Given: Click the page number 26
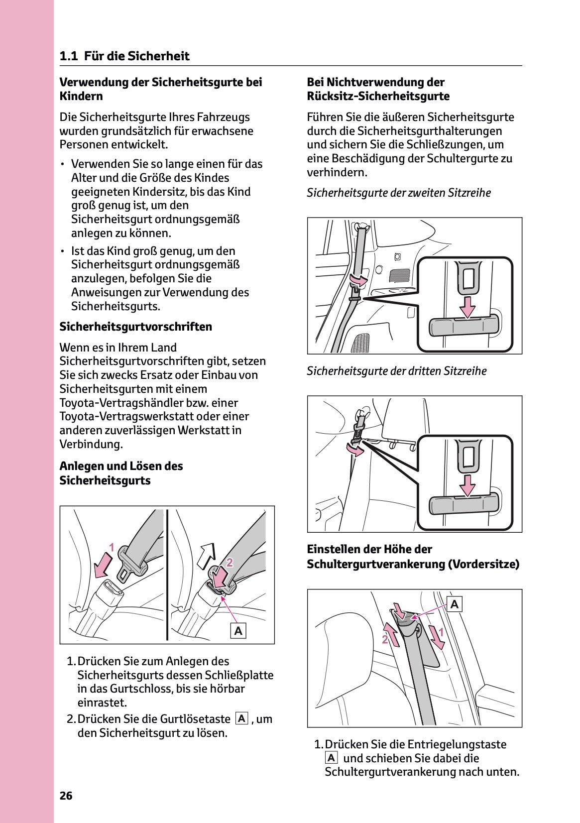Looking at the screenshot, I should (x=66, y=796).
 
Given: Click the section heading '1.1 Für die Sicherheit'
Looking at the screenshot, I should (x=124, y=56).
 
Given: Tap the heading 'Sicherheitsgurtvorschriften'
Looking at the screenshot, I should (x=135, y=327).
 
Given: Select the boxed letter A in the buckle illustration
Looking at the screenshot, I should (x=238, y=631).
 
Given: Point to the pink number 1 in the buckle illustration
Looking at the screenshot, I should (x=112, y=548).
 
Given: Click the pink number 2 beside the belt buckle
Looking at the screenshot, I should (x=230, y=563).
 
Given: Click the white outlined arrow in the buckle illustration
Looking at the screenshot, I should (x=207, y=556).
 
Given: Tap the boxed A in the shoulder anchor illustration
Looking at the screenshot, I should (x=455, y=604).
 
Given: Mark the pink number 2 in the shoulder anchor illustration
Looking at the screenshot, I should (x=385, y=640).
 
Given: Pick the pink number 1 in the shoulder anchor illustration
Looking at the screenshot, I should (x=441, y=634).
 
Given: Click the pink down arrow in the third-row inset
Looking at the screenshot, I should (x=466, y=485).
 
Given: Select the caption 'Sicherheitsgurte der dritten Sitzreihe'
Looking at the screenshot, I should (x=396, y=371).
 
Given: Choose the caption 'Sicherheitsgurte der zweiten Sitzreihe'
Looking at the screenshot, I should (x=398, y=193).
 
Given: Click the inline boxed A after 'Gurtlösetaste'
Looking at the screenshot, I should (x=241, y=718).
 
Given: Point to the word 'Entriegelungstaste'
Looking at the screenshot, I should (x=457, y=744).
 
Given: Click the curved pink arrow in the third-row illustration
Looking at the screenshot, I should (x=355, y=450).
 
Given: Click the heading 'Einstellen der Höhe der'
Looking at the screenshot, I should (x=369, y=549).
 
